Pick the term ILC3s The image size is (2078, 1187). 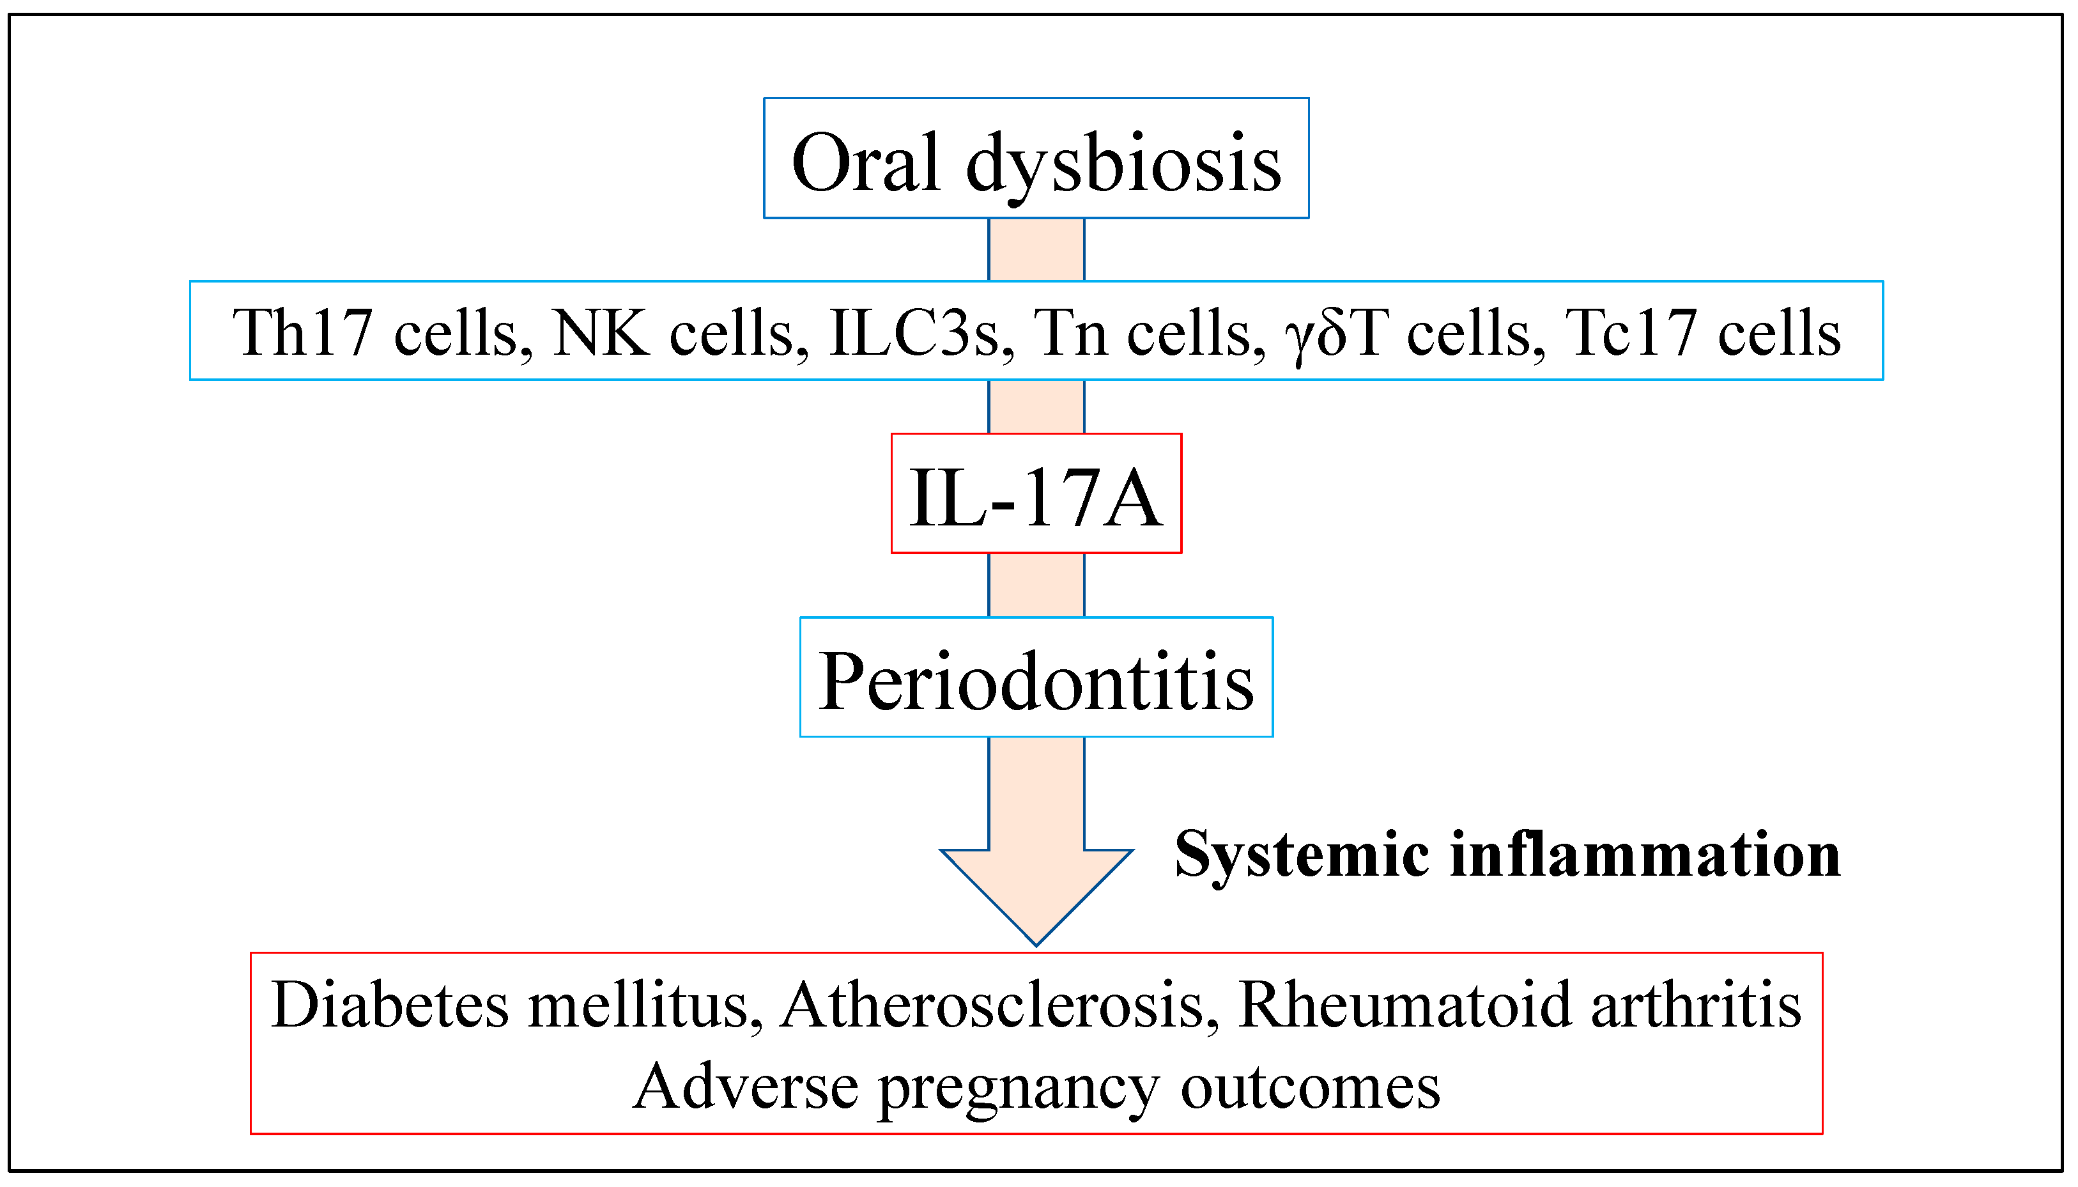click(x=912, y=332)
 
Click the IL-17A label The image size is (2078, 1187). click(x=1035, y=497)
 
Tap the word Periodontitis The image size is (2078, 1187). click(x=1036, y=681)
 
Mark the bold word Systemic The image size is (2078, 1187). click(x=1302, y=855)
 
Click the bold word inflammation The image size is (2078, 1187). click(x=1645, y=855)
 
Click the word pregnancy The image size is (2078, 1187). click(x=1018, y=1089)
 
